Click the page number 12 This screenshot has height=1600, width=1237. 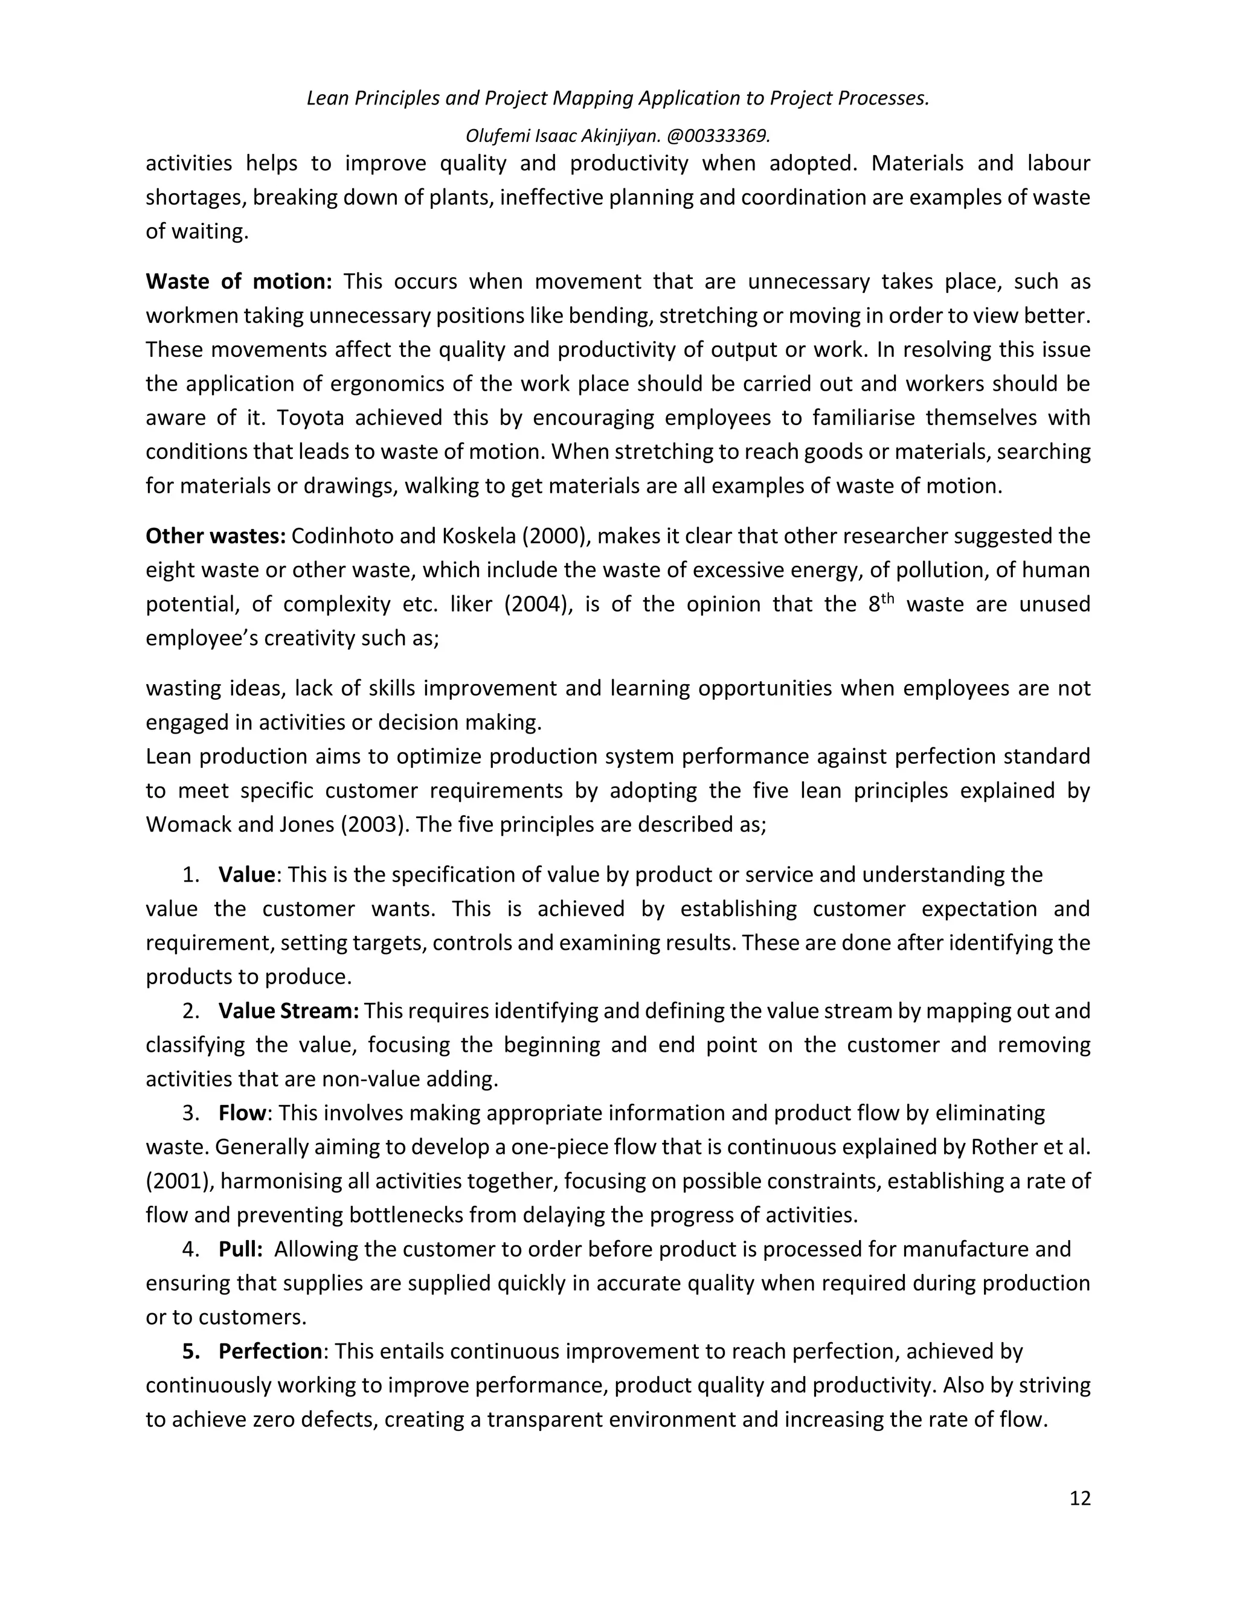coord(1079,1498)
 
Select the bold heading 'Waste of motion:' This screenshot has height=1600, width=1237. coord(239,281)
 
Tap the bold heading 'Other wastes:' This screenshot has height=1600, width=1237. coord(216,536)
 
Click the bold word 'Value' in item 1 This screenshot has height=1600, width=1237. coord(246,875)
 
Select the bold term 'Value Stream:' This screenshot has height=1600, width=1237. coord(288,1011)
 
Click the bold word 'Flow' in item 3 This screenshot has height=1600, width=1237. coord(241,1113)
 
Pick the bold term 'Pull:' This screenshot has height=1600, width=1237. coord(240,1249)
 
